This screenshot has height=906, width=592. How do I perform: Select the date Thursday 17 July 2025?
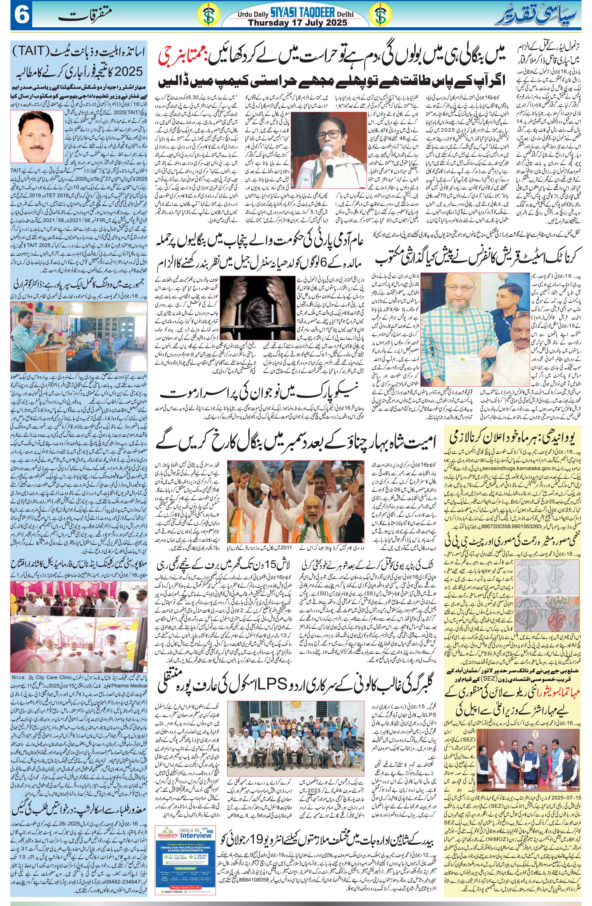pos(298,23)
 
